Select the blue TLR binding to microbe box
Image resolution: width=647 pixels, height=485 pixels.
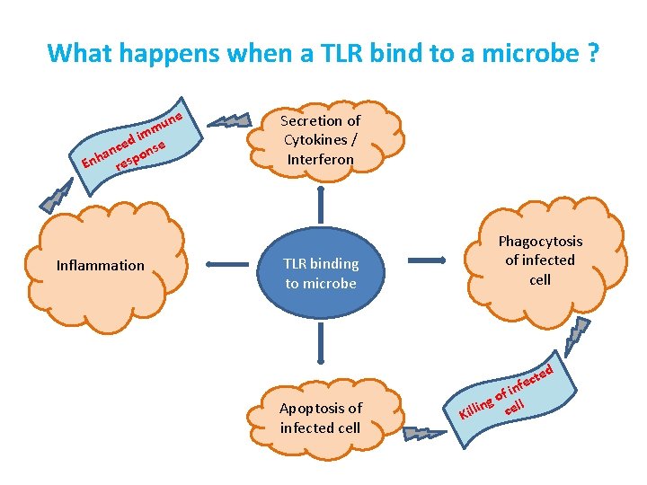(x=321, y=273)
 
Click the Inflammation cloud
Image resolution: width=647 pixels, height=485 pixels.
(x=100, y=265)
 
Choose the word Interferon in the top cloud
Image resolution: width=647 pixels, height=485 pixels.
(x=320, y=159)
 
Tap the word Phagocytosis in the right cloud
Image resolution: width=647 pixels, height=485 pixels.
(x=540, y=241)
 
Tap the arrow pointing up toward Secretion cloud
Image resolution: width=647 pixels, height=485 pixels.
(x=321, y=203)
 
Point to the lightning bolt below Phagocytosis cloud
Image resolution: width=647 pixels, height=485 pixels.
(x=575, y=339)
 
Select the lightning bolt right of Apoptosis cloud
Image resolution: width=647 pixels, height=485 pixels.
(x=423, y=434)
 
